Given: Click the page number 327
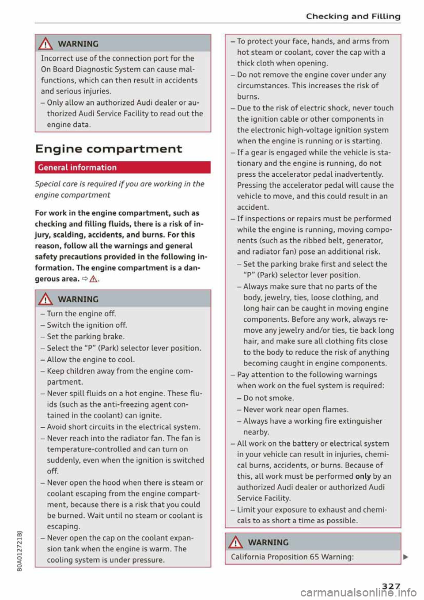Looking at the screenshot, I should (391, 586).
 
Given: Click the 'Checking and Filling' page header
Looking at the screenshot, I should (353, 16).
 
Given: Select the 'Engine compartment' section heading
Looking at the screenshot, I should (108, 149).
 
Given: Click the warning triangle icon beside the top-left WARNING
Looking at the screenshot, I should (46, 44).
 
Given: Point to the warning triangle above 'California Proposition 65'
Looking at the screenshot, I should (236, 542).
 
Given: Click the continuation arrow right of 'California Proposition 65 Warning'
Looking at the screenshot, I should (405, 557).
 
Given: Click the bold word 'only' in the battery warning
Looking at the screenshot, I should (363, 476).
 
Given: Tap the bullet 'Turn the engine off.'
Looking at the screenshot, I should (81, 314).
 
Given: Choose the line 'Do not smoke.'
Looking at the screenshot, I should (268, 398).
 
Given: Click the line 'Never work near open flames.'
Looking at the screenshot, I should (295, 410).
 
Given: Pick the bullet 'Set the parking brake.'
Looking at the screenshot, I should (85, 337).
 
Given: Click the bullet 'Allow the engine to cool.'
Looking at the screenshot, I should (91, 360).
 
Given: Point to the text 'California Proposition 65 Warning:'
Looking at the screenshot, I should (292, 557).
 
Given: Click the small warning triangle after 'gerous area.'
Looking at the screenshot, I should (94, 279).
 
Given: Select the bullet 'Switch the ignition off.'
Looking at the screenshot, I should (87, 325).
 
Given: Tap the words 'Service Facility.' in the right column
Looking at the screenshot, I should (264, 498).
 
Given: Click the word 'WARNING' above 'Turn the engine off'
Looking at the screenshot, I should (78, 299).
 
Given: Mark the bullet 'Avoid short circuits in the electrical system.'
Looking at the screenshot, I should (123, 427).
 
